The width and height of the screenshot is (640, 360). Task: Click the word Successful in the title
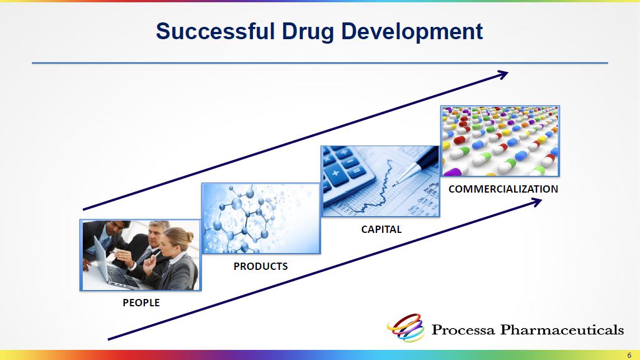pyautogui.click(x=215, y=31)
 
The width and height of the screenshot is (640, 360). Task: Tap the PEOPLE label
pyautogui.click(x=141, y=303)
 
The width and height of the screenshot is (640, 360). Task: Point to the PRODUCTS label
pyautogui.click(x=260, y=267)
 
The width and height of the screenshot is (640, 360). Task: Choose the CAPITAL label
pyautogui.click(x=381, y=230)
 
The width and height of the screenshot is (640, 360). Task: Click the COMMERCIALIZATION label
pyautogui.click(x=503, y=189)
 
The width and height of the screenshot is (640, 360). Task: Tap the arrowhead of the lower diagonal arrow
pyautogui.click(x=537, y=202)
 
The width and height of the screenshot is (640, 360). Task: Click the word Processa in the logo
pyautogui.click(x=463, y=330)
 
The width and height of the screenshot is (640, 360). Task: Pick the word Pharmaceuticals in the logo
pyautogui.click(x=562, y=330)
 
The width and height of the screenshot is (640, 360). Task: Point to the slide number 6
pyautogui.click(x=629, y=355)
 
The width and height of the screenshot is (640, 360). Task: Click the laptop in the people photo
pyautogui.click(x=112, y=265)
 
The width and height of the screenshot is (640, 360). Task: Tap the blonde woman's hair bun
pyautogui.click(x=190, y=236)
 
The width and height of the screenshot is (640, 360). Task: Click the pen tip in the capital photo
pyautogui.click(x=395, y=185)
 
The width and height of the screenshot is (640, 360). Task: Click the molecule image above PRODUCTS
pyautogui.click(x=261, y=218)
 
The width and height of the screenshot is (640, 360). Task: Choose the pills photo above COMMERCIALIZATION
pyautogui.click(x=500, y=141)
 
